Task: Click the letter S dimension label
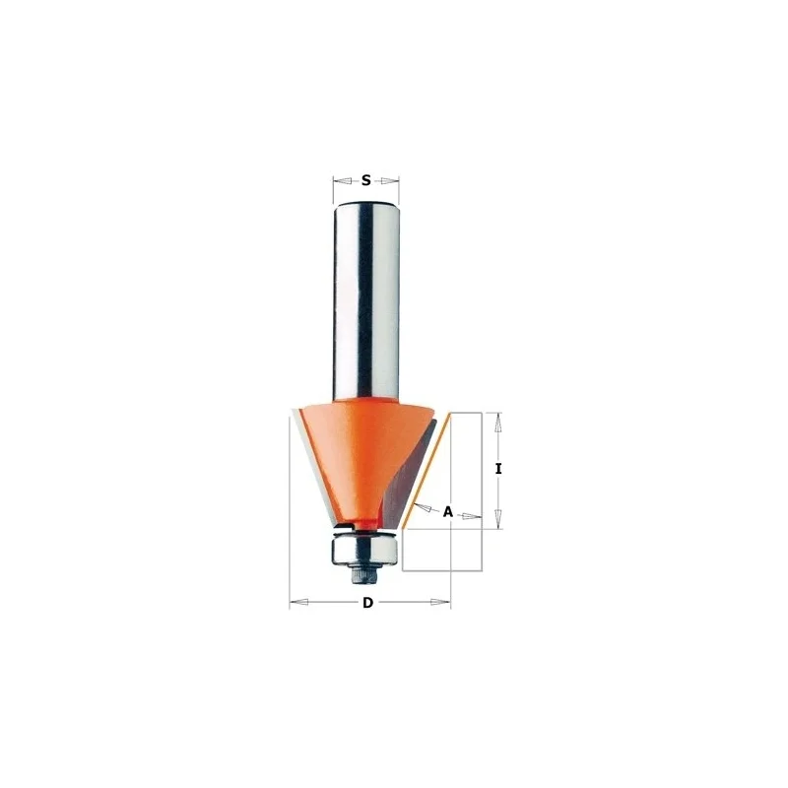365,180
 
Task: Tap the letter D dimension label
368,602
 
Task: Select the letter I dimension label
498,469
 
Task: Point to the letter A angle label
448,512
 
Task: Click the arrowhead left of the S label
343,180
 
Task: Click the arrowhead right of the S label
389,180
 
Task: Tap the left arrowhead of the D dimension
299,602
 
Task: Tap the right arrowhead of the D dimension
440,602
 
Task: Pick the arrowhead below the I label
498,519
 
